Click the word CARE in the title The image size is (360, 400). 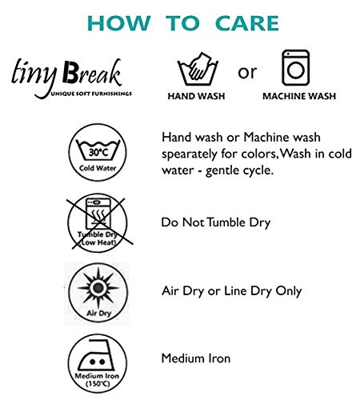[247, 23]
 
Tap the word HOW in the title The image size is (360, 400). [118, 23]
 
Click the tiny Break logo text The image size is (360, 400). [66, 73]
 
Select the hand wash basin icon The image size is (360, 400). [198, 69]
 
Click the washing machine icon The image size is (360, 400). [296, 68]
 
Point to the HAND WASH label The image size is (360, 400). [196, 96]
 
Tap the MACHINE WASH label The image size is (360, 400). [299, 96]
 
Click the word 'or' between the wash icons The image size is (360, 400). [247, 72]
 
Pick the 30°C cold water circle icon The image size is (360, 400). [98, 152]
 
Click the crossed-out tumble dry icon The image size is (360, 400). [98, 223]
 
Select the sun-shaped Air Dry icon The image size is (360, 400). [98, 293]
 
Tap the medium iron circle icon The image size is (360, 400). [98, 363]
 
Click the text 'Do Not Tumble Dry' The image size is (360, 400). [216, 222]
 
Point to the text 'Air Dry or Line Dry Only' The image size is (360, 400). [231, 291]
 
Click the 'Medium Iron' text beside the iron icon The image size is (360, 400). [196, 358]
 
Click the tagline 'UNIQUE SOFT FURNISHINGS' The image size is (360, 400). [91, 94]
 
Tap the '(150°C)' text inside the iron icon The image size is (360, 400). [98, 383]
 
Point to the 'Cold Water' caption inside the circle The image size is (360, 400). [98, 168]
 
